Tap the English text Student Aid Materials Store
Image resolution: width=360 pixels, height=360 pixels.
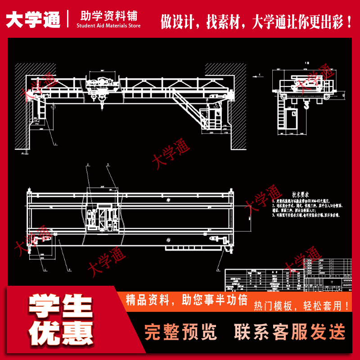(x=108, y=26)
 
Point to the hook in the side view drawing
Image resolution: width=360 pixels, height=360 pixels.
(x=307, y=106)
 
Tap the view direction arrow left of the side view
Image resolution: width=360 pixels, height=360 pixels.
(x=257, y=76)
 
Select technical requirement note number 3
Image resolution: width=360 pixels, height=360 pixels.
(x=306, y=216)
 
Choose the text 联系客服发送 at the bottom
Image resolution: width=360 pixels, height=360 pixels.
(x=290, y=332)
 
